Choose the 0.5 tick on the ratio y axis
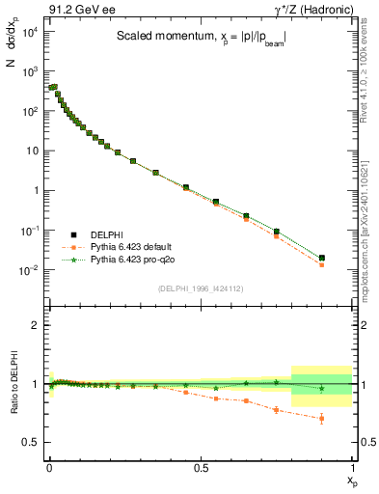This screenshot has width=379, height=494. point(34,442)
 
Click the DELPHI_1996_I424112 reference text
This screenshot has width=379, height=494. point(201,288)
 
